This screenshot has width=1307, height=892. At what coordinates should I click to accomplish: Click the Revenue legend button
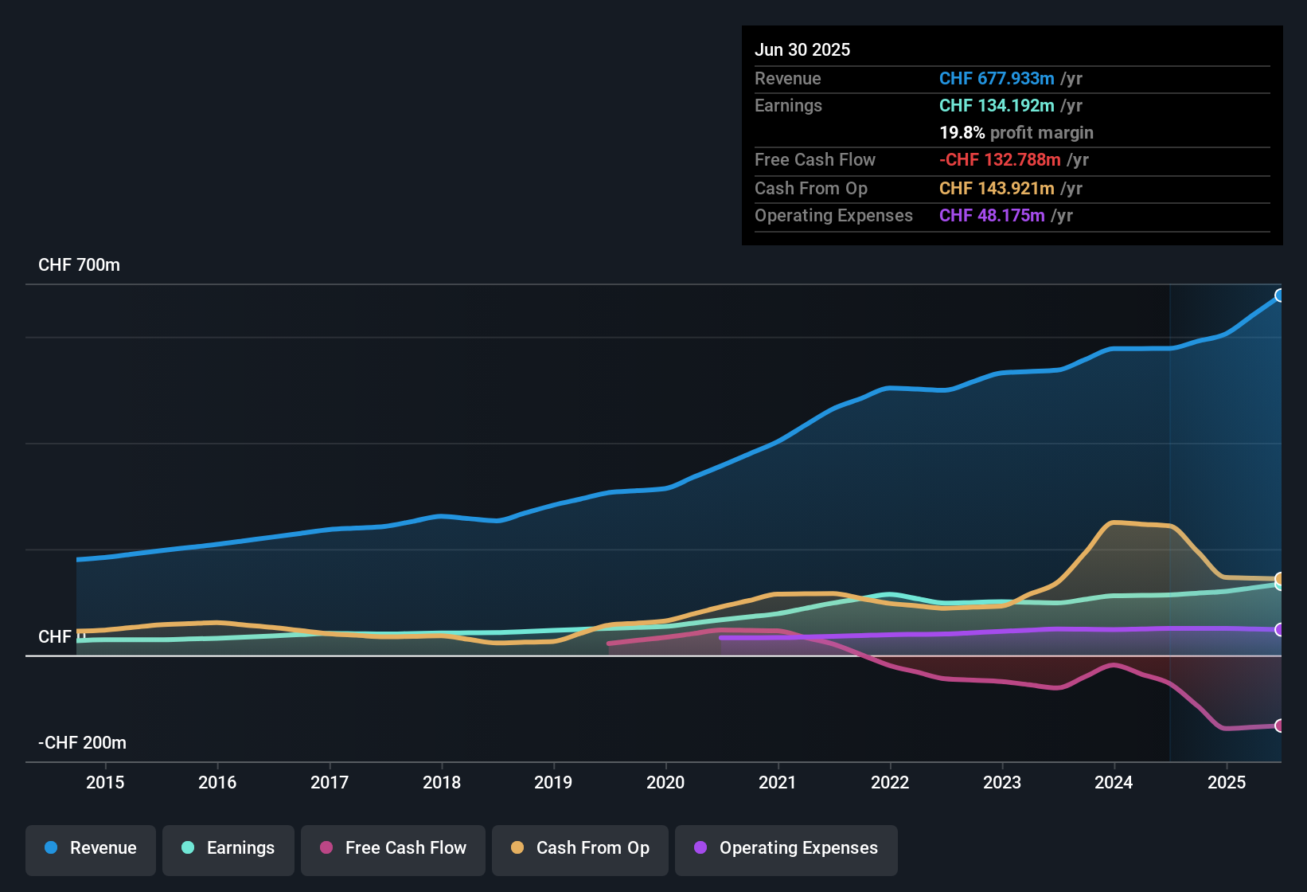click(91, 848)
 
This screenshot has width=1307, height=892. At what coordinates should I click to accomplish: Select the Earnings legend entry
click(228, 848)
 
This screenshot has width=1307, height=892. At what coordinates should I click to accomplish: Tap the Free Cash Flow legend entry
click(393, 848)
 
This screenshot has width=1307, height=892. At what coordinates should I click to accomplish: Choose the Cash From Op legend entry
click(580, 848)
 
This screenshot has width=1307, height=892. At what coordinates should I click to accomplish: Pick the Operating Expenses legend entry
click(786, 848)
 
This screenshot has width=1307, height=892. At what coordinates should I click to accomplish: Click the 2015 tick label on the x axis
click(105, 782)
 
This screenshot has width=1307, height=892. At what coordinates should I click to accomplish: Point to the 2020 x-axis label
click(665, 782)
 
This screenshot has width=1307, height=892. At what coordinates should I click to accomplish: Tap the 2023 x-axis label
click(1002, 782)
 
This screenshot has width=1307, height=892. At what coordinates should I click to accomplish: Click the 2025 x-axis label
click(1227, 782)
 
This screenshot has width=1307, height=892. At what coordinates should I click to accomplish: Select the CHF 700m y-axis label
click(79, 265)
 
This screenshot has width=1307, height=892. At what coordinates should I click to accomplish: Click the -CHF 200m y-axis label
click(82, 743)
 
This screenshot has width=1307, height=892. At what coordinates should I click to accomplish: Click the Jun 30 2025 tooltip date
click(802, 49)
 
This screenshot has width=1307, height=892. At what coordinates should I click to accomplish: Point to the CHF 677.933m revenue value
click(997, 78)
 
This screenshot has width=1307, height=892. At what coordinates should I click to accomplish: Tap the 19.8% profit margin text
click(1016, 132)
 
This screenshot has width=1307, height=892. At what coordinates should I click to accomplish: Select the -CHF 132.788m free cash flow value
click(1000, 159)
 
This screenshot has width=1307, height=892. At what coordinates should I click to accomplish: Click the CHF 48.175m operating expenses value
click(992, 215)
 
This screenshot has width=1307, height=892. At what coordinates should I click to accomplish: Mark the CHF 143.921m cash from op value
click(997, 188)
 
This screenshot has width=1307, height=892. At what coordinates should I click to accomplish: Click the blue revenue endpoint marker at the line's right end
click(1279, 295)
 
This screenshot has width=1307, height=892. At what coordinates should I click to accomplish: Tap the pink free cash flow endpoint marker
click(1279, 726)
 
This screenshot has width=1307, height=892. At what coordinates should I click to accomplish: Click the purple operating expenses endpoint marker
click(1279, 630)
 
